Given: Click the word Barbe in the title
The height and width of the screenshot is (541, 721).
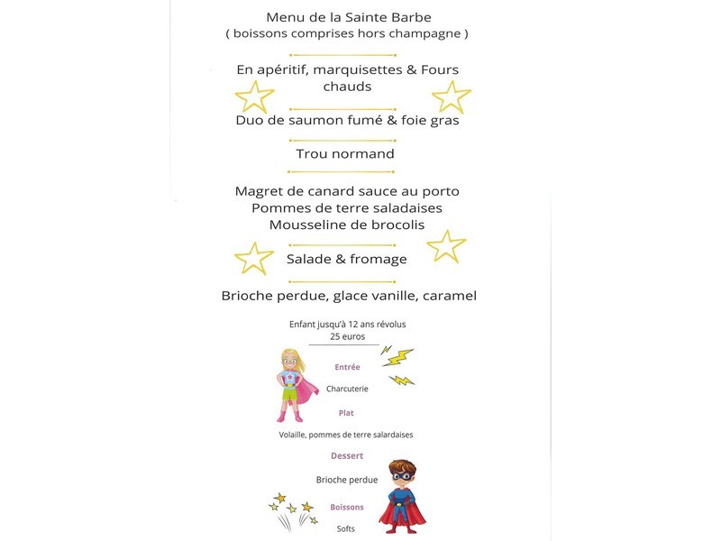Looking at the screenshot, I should click(408, 17).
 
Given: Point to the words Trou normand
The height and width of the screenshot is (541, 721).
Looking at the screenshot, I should click(345, 153).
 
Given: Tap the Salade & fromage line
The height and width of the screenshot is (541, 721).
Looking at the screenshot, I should click(346, 259).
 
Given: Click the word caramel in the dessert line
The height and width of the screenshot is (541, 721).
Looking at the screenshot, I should click(446, 296).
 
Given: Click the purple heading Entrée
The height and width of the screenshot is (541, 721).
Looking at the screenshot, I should click(347, 367).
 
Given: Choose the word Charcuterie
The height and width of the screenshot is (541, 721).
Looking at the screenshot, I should click(347, 390).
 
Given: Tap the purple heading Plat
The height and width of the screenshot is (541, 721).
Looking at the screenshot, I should click(346, 413).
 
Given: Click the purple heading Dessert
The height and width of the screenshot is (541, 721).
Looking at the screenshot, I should click(347, 455).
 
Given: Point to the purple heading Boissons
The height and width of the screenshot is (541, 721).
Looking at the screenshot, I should click(347, 507).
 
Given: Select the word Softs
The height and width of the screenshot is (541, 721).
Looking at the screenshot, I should click(346, 528).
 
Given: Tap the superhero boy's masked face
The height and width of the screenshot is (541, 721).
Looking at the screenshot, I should click(402, 478).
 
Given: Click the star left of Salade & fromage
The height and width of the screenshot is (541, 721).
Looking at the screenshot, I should click(253, 258).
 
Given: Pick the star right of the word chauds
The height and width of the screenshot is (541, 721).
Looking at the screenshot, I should click(451, 96).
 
